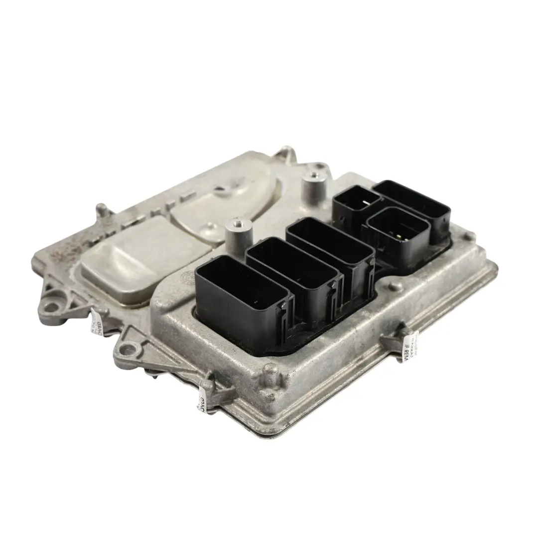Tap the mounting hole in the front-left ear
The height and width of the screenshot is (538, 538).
pos(128,349)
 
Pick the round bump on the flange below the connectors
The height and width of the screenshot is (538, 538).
pos(395,286)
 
